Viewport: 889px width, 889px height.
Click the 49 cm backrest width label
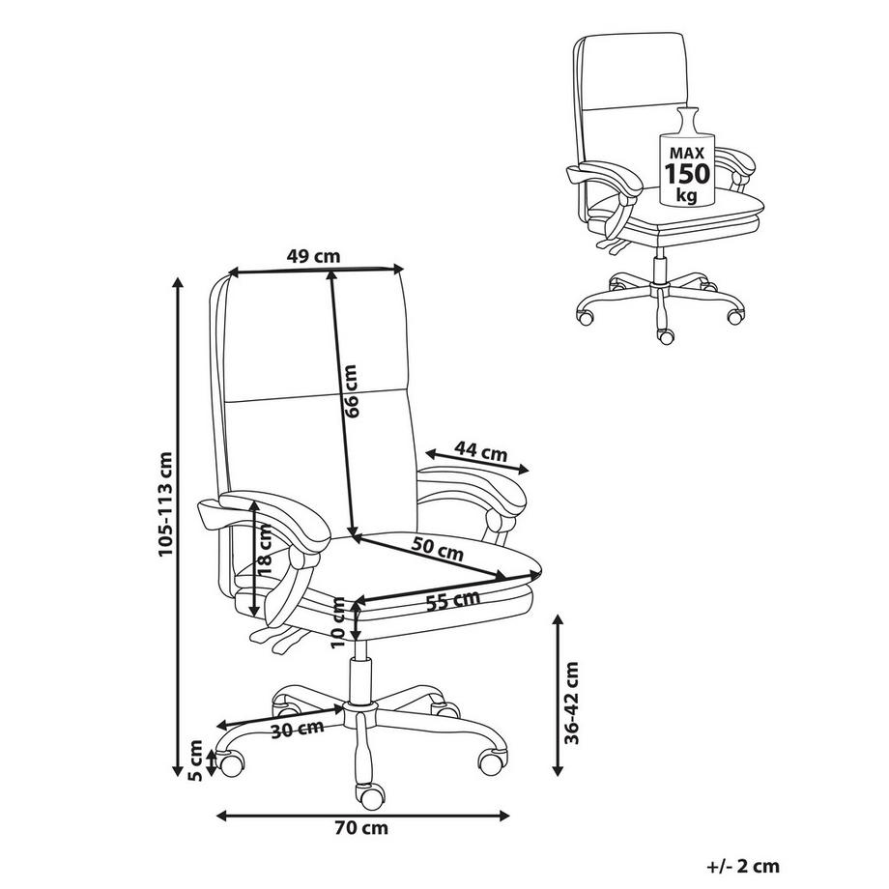313,256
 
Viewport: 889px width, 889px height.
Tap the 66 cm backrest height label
352,391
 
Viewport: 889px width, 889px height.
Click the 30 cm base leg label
298,729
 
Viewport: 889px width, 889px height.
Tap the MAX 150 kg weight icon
688,161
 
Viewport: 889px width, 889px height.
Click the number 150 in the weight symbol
688,173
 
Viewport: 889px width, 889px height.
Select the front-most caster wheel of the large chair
368,797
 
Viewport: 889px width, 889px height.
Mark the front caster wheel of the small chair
665,335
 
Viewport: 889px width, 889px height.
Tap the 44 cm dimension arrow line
477,463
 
